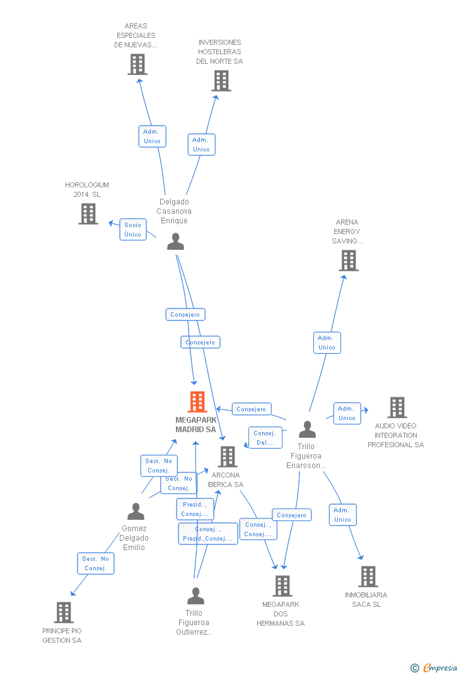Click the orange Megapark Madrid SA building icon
197,402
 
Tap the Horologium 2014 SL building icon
88,214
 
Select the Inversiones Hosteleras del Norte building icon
221,81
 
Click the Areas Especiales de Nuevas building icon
137,64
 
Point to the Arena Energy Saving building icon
348,260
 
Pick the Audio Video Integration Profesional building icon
397,408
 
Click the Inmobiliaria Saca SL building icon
368,576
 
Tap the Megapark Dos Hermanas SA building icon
282,585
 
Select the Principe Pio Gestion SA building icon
63,612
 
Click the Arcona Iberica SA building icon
227,456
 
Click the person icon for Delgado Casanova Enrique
175,242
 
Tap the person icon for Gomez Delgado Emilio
136,512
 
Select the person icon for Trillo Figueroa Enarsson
307,430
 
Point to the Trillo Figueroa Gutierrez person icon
195,596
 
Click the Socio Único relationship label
133,230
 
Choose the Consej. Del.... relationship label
265,438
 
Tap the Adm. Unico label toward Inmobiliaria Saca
342,515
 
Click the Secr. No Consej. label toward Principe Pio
95,563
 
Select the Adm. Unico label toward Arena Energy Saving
327,343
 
